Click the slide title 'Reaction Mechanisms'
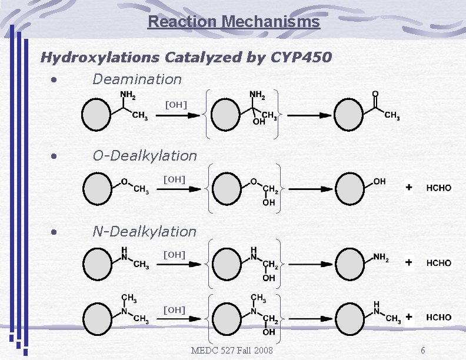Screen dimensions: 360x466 coord(234,22)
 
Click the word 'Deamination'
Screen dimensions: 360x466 coord(137,79)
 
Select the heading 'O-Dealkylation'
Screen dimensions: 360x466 coord(145,156)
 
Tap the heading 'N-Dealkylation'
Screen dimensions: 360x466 coord(145,232)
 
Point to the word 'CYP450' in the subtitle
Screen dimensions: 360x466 coord(301,58)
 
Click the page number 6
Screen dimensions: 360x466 coord(422,351)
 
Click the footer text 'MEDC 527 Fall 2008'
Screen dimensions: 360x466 coord(232,351)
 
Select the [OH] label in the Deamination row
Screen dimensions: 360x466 coord(175,105)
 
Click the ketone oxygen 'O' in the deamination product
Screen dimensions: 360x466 coord(375,94)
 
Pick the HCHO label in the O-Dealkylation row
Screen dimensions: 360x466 coord(439,188)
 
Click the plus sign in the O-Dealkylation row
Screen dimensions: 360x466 coord(409,188)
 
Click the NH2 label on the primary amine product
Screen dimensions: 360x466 coord(381,256)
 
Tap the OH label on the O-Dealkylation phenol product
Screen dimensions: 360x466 coord(380,182)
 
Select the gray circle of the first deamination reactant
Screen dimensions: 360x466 coord(96,115)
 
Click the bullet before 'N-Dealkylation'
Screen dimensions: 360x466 coord(54,232)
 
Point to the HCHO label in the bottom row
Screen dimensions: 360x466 coord(439,317)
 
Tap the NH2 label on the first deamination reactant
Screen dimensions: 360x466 coord(128,95)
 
